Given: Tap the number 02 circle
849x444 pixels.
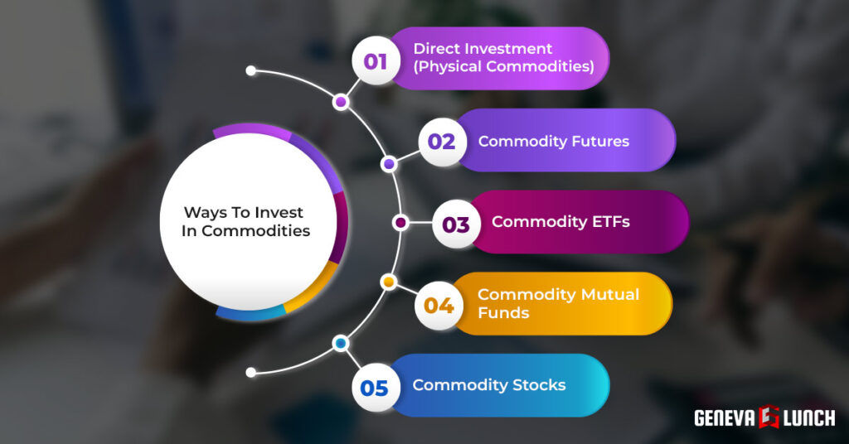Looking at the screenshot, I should tap(441, 142).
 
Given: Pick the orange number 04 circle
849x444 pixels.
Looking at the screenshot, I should tap(439, 306).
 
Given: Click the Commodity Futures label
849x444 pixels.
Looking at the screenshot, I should tap(553, 141).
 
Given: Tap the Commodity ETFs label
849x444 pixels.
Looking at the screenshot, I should tap(560, 222).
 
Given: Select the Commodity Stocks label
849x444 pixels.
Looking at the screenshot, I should tap(489, 385).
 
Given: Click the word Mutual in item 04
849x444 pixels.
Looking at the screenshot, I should tap(609, 295).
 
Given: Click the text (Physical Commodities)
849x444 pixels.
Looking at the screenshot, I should tap(503, 67).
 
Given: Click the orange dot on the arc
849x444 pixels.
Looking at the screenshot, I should tap(387, 283).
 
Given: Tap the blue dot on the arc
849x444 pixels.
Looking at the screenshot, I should tap(341, 343).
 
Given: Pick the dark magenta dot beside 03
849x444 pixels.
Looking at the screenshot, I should tap(401, 223).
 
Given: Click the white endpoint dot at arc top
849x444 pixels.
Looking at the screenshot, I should tap(251, 71).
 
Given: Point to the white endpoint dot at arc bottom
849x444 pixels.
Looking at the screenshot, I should tap(251, 373).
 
